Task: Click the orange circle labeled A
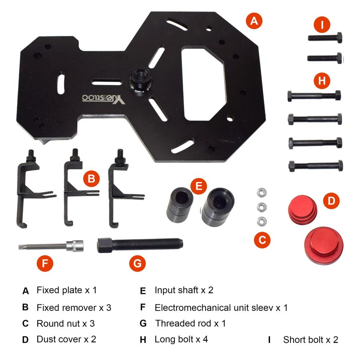coord(254,21)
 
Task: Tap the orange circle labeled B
coord(91,178)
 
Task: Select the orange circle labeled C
coord(262,240)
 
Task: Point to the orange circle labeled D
coord(331,201)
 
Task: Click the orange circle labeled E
coord(198,186)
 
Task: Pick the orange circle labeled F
coord(45,263)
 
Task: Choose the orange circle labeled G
coord(137,263)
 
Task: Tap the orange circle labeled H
coord(322,80)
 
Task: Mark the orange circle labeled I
coord(322,24)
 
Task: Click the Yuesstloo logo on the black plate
coord(104,98)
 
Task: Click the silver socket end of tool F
coord(75,246)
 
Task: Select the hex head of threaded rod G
coord(105,245)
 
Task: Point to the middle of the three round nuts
coord(262,207)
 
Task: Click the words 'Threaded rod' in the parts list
coord(183,323)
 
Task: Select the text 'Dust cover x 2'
coord(66,339)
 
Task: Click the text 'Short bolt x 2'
coord(311,340)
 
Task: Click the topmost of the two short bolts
coord(325,38)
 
